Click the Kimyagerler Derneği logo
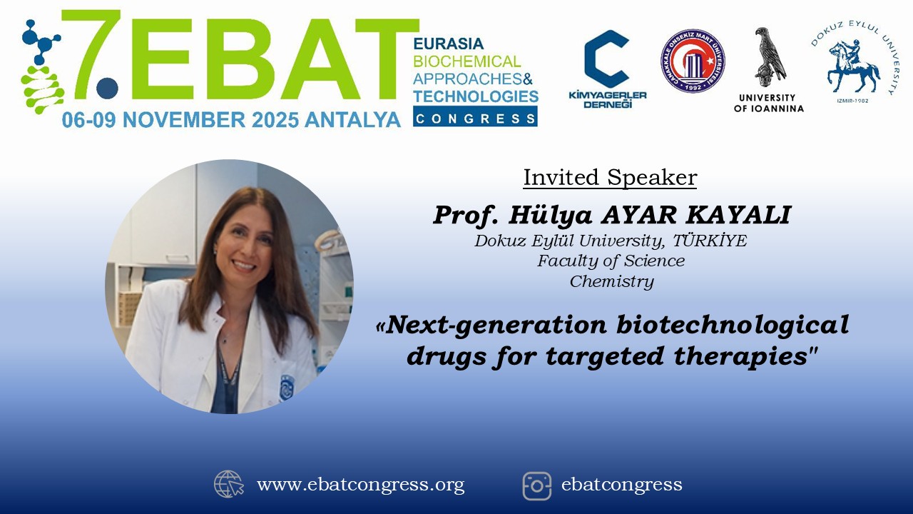(607, 69)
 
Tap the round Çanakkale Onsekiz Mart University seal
(693, 61)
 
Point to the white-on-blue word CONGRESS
(475, 119)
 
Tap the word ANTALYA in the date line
(353, 120)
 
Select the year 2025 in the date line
(275, 120)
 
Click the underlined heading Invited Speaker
(610, 178)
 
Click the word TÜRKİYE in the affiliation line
(710, 241)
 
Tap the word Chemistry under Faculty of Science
(612, 281)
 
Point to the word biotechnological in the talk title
(732, 325)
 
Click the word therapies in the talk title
(740, 356)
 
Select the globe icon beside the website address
(229, 484)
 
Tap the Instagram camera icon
(537, 486)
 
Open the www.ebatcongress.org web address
(360, 485)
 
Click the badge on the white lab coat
(287, 387)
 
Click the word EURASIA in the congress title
(449, 44)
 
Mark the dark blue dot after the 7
(107, 88)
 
